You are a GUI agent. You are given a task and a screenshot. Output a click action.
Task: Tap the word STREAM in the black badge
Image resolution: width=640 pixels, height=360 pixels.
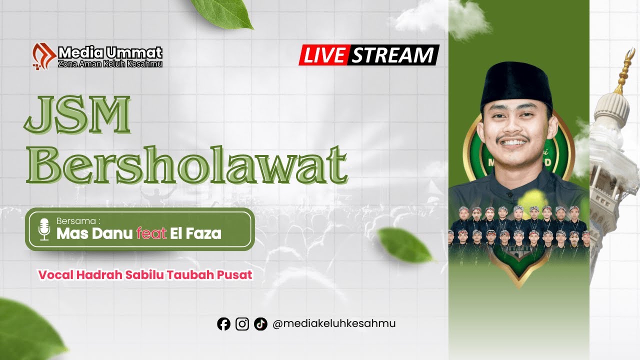[x=392, y=55]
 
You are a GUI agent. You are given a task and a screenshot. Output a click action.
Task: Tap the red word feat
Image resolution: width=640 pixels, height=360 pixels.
[x=151, y=233]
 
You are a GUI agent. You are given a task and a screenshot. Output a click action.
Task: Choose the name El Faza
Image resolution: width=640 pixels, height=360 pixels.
[x=195, y=233]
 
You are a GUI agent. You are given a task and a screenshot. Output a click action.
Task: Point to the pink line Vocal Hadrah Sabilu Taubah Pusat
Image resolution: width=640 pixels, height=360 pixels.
[x=145, y=275]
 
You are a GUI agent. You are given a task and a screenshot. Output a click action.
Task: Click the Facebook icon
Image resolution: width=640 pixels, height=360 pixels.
[x=223, y=324]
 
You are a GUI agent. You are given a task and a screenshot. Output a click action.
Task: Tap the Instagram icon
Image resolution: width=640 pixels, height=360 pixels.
[x=242, y=324]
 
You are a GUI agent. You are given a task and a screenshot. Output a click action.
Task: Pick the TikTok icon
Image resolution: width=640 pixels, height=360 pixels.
[x=260, y=324]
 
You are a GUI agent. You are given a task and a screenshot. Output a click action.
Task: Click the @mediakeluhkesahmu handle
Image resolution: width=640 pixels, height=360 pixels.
[x=334, y=323]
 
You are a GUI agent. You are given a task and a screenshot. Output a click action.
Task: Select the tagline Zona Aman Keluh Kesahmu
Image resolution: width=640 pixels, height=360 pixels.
[x=110, y=63]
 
